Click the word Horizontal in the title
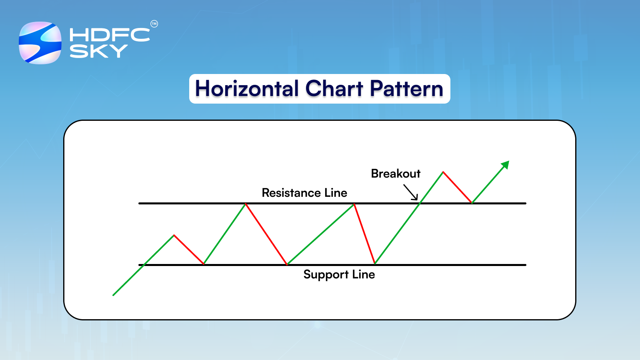click(247, 89)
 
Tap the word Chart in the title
click(334, 89)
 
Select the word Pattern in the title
click(406, 89)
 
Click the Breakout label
click(396, 174)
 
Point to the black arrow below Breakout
click(411, 192)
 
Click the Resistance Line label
click(304, 193)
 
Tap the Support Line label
click(339, 274)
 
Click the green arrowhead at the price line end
click(506, 164)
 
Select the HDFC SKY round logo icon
click(40, 43)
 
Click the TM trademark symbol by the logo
click(154, 24)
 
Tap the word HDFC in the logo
click(110, 35)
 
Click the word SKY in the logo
click(98, 51)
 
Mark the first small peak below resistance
click(174, 235)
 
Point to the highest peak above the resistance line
click(443, 172)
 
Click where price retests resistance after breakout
click(472, 203)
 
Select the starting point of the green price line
click(114, 295)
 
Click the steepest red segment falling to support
click(364, 234)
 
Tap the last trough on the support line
click(375, 264)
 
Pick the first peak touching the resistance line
click(246, 204)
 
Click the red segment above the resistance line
click(458, 188)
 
